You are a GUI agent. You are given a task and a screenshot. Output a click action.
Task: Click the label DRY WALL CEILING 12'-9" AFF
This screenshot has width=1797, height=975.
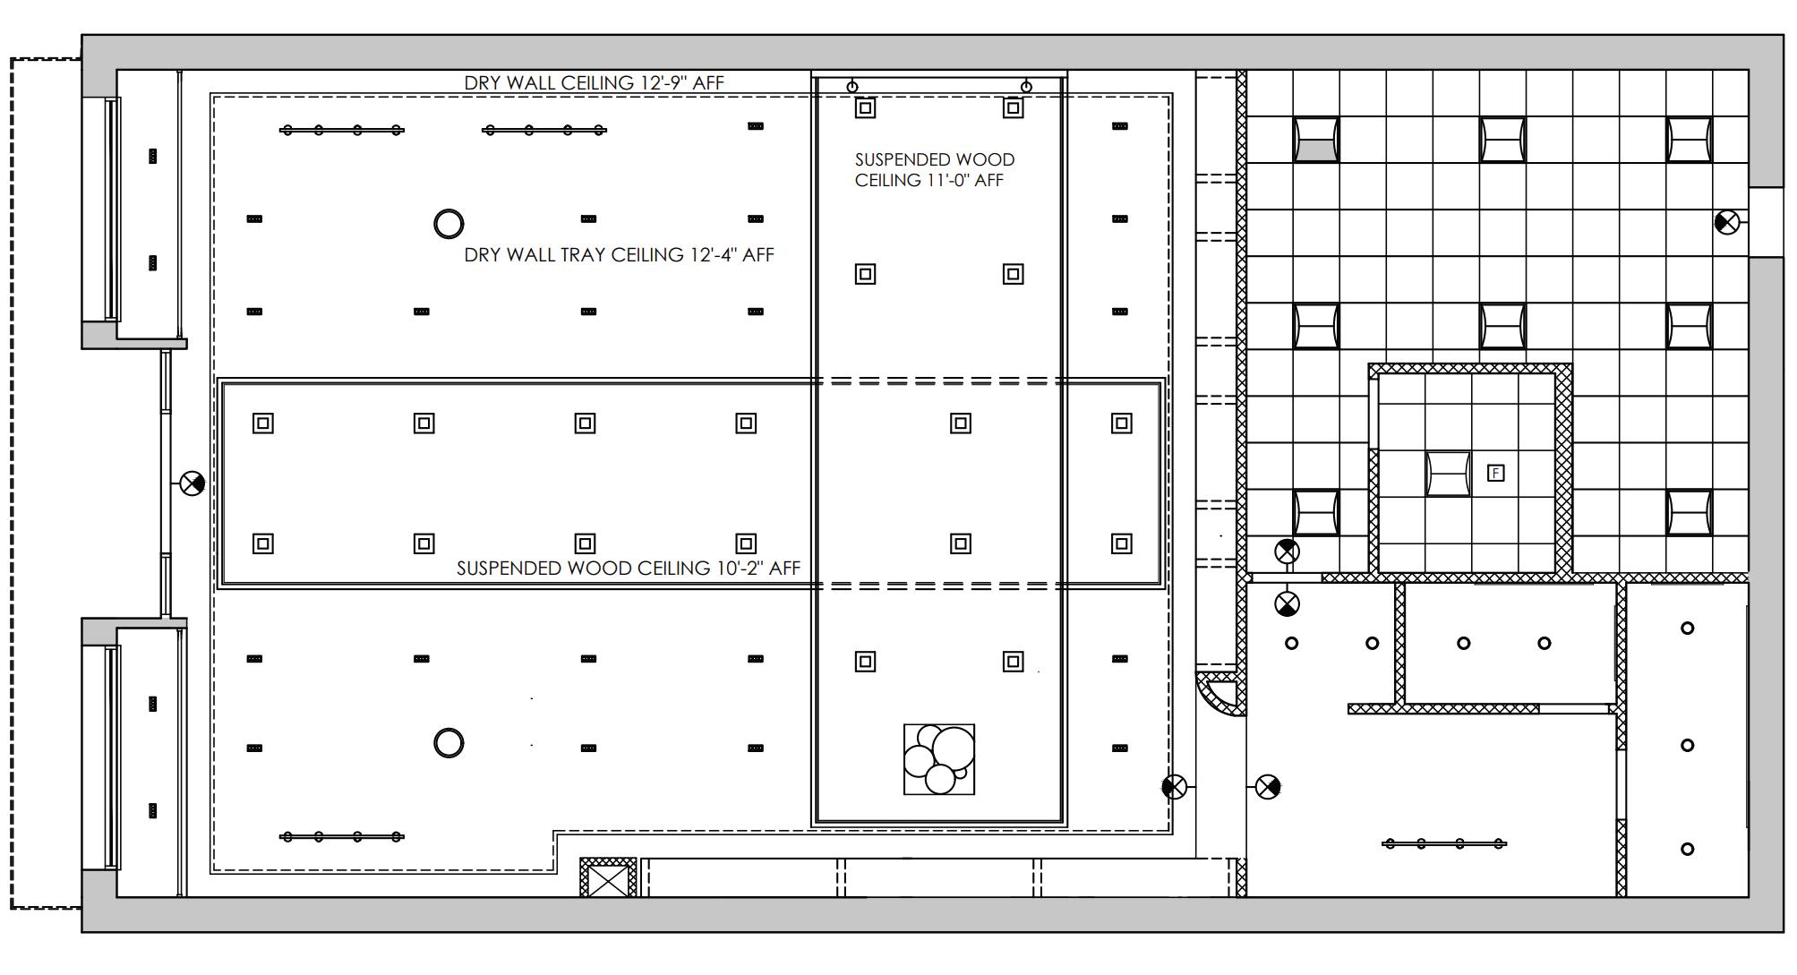click(x=594, y=82)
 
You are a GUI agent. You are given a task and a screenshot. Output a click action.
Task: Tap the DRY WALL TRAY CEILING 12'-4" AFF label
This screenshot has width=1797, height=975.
click(x=619, y=255)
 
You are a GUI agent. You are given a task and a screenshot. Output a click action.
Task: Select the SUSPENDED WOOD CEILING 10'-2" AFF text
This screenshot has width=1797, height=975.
click(x=628, y=569)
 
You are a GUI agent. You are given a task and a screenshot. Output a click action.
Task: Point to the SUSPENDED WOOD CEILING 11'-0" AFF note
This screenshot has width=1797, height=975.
click(x=934, y=170)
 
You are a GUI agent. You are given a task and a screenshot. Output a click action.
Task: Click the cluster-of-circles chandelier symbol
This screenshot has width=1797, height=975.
click(x=939, y=759)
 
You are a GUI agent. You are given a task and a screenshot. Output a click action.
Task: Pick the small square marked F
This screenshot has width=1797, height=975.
click(x=1495, y=473)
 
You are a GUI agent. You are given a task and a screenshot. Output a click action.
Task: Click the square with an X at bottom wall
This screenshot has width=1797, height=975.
click(x=608, y=877)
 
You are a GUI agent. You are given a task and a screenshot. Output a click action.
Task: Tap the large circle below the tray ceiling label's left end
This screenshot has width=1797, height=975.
click(x=449, y=223)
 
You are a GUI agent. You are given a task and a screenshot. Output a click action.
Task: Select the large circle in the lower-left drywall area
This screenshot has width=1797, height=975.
click(x=449, y=743)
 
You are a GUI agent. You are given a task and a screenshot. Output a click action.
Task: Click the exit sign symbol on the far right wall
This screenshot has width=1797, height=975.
click(x=1727, y=222)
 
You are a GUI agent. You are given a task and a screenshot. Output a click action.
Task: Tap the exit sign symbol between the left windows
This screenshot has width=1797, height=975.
click(x=192, y=483)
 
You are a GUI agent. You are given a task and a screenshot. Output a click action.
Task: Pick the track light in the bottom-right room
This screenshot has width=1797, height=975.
click(x=1444, y=843)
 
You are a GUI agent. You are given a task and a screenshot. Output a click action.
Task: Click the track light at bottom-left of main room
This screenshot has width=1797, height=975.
click(x=341, y=837)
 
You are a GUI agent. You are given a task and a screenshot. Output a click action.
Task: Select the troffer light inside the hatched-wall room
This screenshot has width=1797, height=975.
click(x=1448, y=474)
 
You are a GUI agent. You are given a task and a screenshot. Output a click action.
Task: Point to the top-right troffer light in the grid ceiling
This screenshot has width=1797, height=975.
click(x=1689, y=140)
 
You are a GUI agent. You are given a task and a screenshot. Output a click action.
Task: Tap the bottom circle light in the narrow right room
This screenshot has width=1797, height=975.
click(x=1688, y=849)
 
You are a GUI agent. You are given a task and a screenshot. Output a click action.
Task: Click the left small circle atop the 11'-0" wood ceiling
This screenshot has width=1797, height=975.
click(x=852, y=87)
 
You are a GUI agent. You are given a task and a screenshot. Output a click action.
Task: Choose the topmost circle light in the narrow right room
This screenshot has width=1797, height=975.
click(x=1688, y=629)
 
